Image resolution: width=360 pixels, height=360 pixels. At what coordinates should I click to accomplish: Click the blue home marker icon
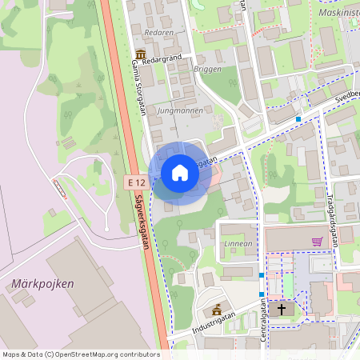[180, 173]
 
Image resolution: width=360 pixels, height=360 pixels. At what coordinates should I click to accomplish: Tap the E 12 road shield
[136, 183]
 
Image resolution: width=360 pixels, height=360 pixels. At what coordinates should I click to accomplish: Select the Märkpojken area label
[43, 284]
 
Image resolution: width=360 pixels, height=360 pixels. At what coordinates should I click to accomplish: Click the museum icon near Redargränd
[141, 54]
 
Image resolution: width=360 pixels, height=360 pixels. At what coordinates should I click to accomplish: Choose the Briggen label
[207, 70]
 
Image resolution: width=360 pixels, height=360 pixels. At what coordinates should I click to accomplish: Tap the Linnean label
[238, 242]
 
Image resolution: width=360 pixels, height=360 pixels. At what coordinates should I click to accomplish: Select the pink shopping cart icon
[318, 241]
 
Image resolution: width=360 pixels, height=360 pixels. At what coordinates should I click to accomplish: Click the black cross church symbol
[280, 308]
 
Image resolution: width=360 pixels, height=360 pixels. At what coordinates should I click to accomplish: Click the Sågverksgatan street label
[142, 223]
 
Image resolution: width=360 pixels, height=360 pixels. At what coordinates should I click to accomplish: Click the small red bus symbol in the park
[59, 189]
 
